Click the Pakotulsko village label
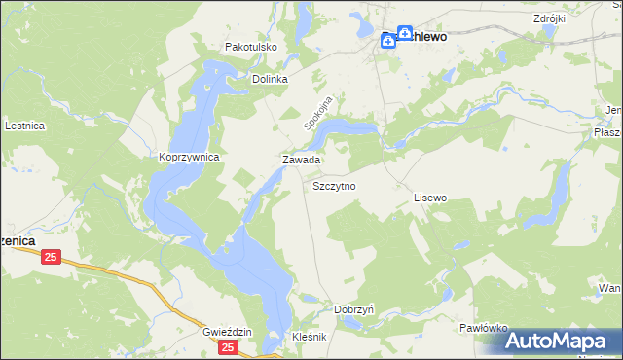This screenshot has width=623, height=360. click(251, 46)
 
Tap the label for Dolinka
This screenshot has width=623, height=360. click(271, 80)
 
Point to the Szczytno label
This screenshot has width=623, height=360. click(334, 184)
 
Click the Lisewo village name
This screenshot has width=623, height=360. click(429, 198)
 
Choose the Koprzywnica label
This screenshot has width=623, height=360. click(188, 157)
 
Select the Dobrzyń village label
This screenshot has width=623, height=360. click(354, 308)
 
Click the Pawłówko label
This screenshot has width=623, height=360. click(484, 329)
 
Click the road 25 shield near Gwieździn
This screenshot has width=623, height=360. click(228, 347)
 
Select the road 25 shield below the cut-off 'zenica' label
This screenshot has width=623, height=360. click(52, 257)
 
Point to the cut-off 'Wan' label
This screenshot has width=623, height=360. click(610, 289)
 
